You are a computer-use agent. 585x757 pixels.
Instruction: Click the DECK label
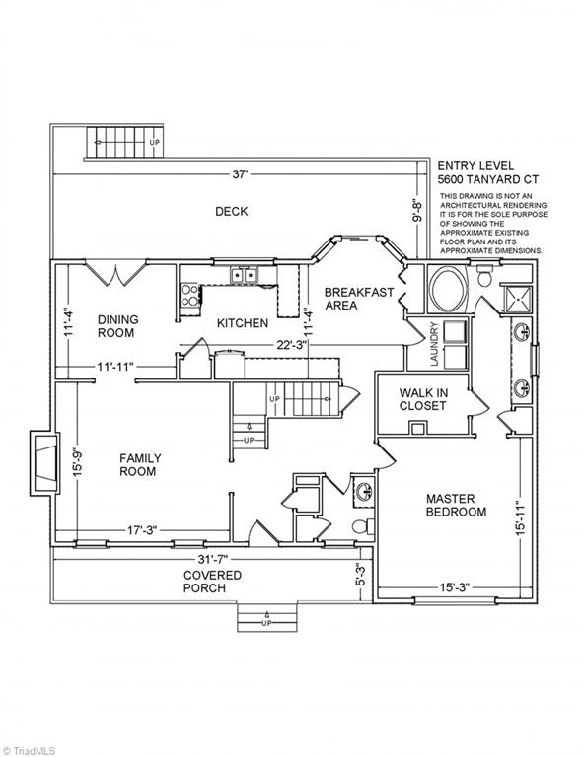coord(232,211)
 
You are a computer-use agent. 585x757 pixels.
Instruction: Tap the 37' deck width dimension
coord(240,173)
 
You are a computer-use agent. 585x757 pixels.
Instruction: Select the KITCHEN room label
coord(243,323)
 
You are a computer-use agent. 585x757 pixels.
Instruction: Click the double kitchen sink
coord(244,275)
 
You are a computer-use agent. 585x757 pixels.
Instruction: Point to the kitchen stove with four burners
coord(189,295)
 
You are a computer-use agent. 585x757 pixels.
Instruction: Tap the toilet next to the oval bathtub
coord(483,276)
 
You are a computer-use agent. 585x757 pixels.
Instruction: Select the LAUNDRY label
coord(434,344)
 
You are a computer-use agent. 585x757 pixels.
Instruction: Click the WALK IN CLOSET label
coord(423,399)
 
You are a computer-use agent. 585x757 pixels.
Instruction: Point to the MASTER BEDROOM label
coord(456,505)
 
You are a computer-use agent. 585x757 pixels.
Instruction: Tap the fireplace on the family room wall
coord(44,462)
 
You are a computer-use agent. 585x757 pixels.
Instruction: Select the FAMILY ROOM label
coord(140,464)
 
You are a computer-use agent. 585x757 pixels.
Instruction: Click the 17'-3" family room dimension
coord(142,530)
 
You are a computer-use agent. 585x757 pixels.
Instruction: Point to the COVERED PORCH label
coord(212,582)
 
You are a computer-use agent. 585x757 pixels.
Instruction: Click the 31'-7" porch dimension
coord(212,559)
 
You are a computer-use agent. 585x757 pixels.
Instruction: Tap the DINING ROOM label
coord(118,326)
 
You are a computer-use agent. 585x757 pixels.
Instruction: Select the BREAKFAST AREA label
coord(359,299)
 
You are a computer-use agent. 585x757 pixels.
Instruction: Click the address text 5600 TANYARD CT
coord(488,179)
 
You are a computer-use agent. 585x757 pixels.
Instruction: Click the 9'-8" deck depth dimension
coord(417,211)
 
